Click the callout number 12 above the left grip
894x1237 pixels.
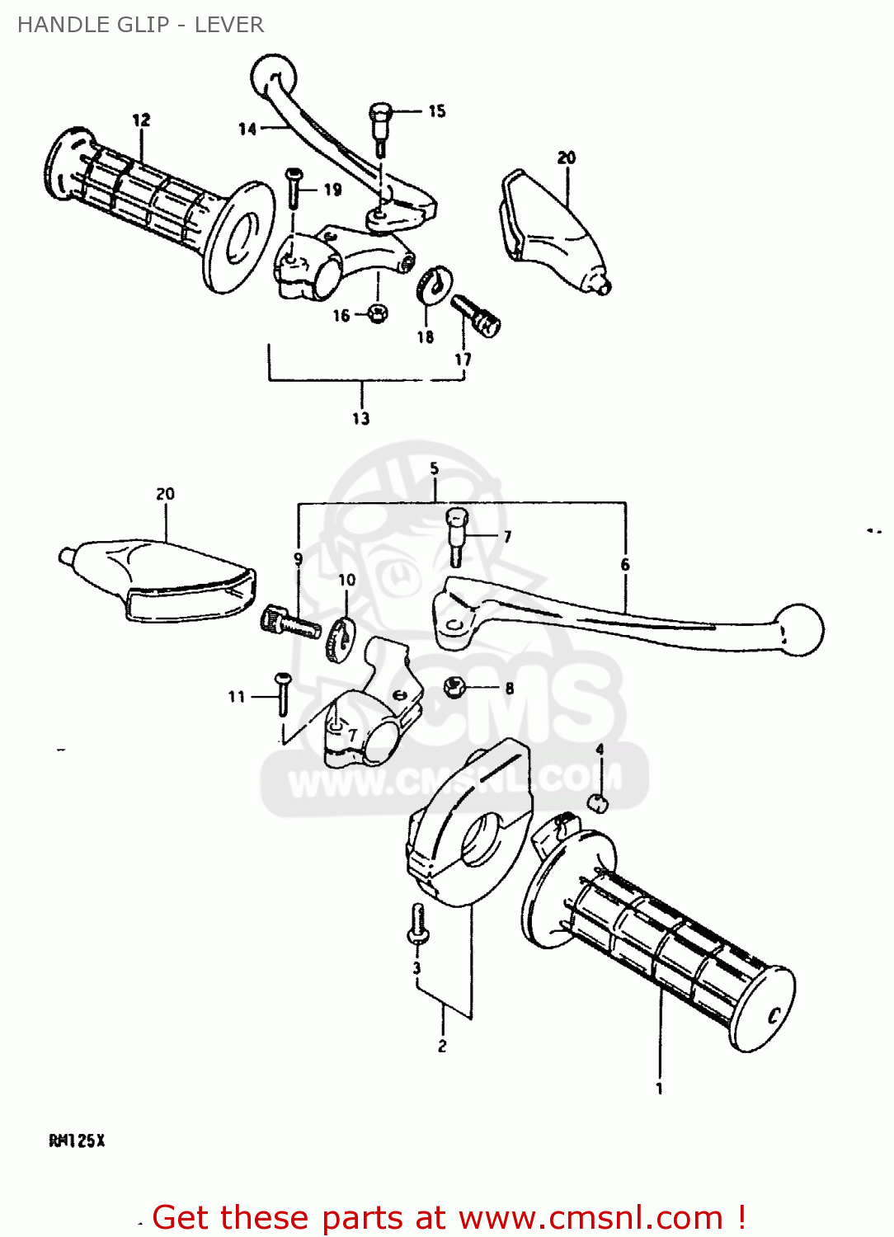tap(141, 120)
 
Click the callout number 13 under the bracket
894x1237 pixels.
tap(361, 418)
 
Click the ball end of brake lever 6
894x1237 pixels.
tap(799, 629)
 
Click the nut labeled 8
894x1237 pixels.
tap(454, 686)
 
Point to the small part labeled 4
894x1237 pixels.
tap(599, 802)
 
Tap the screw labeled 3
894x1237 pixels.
tap(417, 924)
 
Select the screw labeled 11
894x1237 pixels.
tap(282, 693)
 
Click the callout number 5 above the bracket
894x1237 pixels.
tap(435, 469)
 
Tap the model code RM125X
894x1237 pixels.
tap(77, 1141)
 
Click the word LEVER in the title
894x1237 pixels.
tap(229, 25)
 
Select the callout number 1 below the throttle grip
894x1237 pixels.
tap(659, 1089)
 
